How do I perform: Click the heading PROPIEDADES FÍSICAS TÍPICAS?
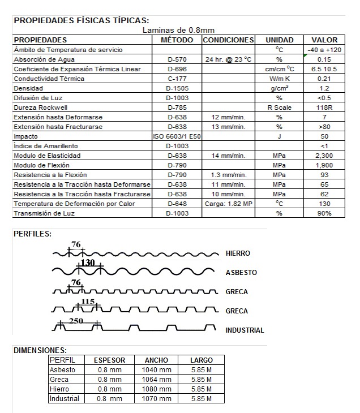[x=82, y=20]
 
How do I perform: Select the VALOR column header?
[x=324, y=40]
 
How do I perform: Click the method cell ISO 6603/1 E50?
[x=177, y=136]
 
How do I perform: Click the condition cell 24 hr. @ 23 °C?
[x=228, y=59]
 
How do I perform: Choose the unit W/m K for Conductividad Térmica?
[x=279, y=79]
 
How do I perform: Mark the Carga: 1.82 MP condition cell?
[x=228, y=204]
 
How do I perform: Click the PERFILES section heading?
[x=32, y=234]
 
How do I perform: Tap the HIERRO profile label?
[x=238, y=253]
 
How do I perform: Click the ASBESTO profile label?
[x=241, y=273]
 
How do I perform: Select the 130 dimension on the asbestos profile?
[x=87, y=263]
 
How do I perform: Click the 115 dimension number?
[x=88, y=302]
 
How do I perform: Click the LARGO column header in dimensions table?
[x=202, y=360]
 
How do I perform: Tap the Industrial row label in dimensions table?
[x=65, y=398]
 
